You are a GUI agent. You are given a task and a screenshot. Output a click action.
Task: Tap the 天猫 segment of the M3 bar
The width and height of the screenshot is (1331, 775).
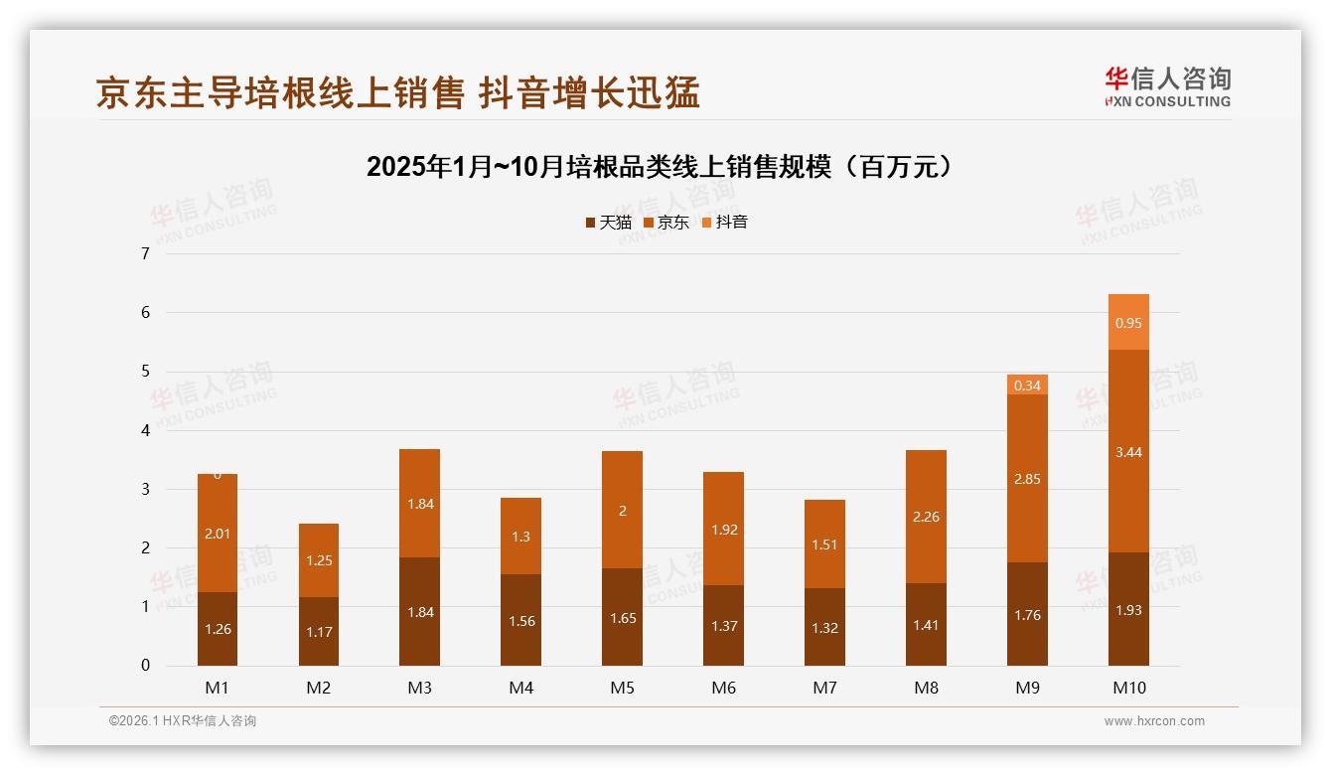click(x=419, y=611)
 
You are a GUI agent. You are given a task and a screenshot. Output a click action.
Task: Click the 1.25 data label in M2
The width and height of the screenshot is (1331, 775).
click(x=319, y=560)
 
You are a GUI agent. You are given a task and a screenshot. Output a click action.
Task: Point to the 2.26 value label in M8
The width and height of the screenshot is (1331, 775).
click(x=926, y=517)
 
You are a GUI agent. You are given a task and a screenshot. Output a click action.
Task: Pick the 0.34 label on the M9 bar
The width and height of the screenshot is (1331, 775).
click(x=1027, y=386)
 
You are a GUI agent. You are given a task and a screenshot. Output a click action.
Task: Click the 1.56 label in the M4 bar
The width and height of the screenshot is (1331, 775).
click(x=521, y=621)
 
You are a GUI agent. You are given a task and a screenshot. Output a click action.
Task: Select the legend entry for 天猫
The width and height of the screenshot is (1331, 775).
click(x=608, y=223)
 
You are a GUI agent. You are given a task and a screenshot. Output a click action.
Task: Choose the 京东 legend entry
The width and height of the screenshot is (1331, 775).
click(x=666, y=223)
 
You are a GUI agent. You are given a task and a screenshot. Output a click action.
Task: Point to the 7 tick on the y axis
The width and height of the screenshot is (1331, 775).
click(x=145, y=253)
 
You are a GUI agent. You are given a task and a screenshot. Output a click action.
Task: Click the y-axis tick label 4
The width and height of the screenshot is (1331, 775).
click(x=145, y=430)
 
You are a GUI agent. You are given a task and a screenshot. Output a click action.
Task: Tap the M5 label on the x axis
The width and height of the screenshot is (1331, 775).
click(x=622, y=688)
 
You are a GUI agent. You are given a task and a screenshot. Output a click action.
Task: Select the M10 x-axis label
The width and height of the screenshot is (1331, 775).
click(x=1128, y=688)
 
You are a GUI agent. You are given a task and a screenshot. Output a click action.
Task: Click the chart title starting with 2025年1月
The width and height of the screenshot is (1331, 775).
click(x=659, y=167)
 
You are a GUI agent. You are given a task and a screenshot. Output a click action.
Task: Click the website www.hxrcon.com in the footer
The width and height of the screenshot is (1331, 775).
click(x=1154, y=721)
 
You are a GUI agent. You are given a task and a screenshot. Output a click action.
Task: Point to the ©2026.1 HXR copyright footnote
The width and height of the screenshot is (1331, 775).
click(x=183, y=721)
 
